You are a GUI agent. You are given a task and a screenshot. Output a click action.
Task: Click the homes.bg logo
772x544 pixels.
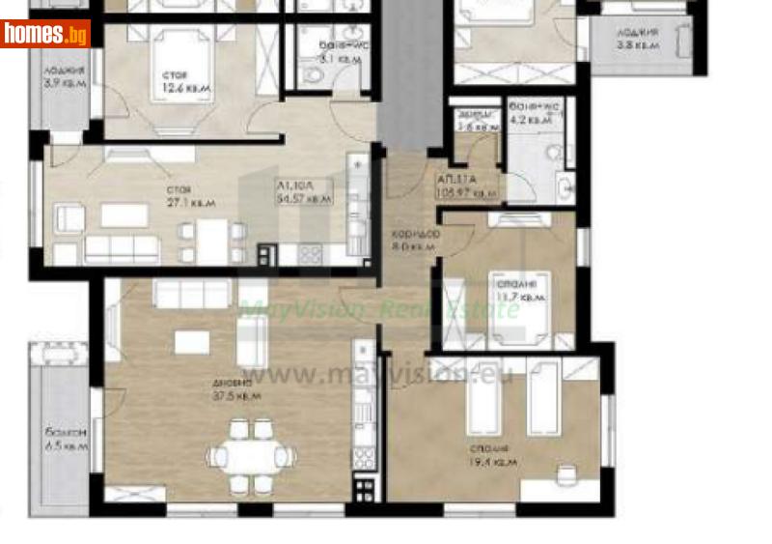tap(45, 35)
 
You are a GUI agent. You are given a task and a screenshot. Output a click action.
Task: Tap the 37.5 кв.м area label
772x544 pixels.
tap(236, 388)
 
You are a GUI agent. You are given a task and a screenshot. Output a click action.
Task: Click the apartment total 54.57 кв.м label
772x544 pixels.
tap(304, 192)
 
